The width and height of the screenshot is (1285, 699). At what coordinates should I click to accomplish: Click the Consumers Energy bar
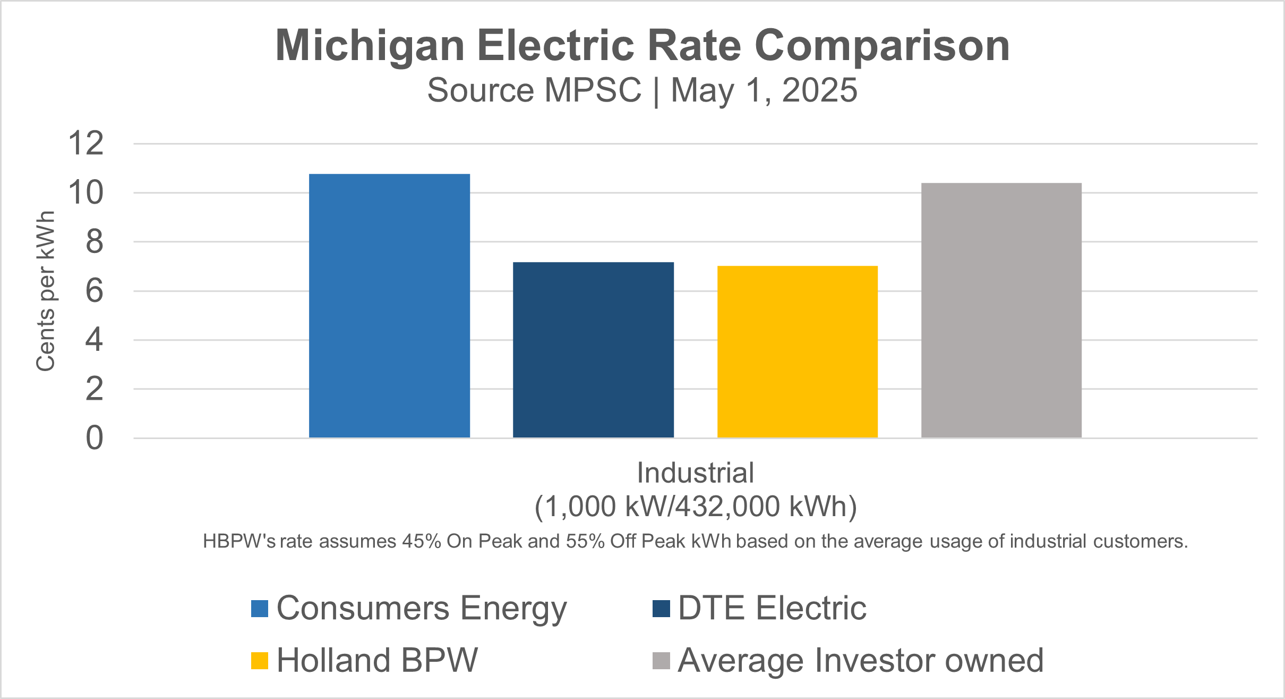point(389,306)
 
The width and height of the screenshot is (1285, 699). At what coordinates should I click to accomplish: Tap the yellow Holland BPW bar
point(797,351)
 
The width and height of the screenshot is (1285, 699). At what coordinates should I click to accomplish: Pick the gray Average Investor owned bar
point(1001,310)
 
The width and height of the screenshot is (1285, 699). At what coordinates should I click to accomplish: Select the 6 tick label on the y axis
point(94,291)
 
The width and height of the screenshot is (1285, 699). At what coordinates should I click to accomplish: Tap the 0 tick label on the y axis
point(94,439)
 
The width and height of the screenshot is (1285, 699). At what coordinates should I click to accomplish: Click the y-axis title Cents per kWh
point(46,291)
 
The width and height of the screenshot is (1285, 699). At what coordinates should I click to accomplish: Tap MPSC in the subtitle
point(593,90)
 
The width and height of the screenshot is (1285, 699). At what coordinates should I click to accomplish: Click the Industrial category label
point(695,473)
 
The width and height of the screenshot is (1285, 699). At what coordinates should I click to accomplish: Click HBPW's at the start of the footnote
point(239,542)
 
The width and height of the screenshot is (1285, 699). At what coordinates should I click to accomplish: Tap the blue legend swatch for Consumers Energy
point(260,609)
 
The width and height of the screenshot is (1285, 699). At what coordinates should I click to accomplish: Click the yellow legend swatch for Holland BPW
point(260,661)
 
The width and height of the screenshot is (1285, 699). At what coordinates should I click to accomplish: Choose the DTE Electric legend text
point(772,608)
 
